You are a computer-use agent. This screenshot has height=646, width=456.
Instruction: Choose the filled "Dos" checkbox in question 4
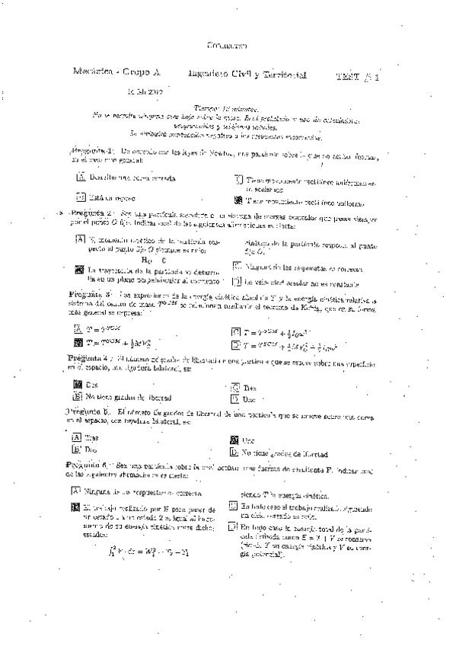point(76,385)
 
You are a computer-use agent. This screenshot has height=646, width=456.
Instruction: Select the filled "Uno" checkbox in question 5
point(234,440)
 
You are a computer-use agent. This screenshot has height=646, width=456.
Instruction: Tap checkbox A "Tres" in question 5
point(75,438)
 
